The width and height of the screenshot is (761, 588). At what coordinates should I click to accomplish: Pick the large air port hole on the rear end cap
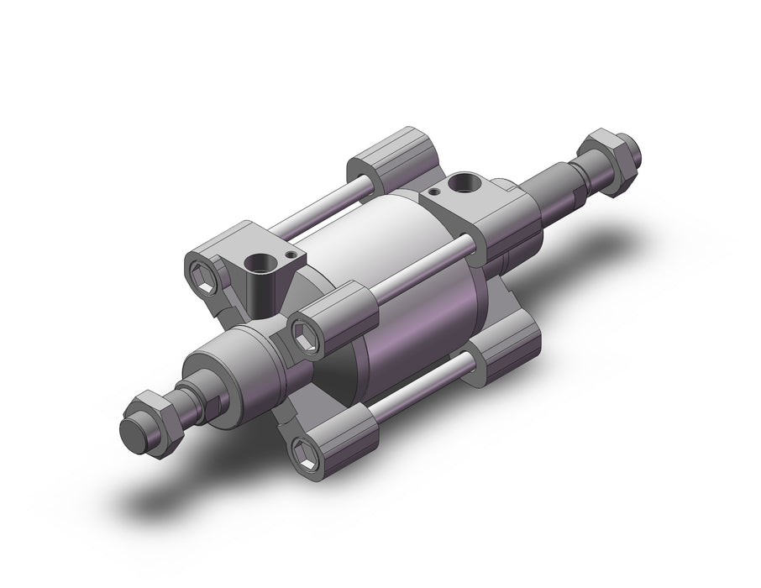click(463, 181)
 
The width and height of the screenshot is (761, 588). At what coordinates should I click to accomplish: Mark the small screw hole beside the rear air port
click(433, 193)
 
